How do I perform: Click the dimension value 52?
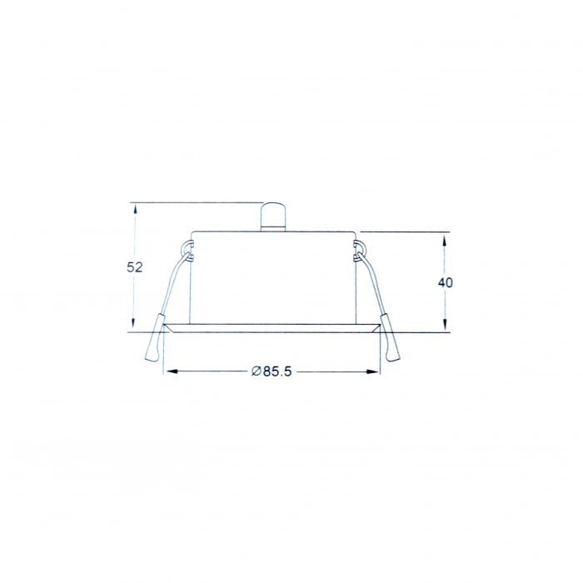point(135,267)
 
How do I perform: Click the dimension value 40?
point(445,282)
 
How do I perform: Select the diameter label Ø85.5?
point(272,371)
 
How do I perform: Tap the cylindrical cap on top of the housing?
point(272,217)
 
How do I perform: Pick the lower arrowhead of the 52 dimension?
point(134,324)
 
